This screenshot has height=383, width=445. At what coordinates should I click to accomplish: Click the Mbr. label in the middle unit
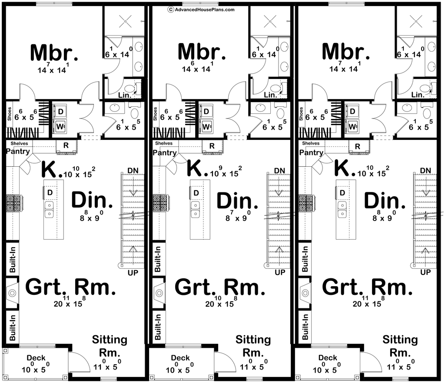(x=202, y=53)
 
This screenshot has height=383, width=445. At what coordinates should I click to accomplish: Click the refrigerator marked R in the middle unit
(x=212, y=146)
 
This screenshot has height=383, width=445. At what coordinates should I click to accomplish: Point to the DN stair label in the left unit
(x=133, y=170)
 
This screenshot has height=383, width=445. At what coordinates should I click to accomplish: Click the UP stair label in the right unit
(x=426, y=272)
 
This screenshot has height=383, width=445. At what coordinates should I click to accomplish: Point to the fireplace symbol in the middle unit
(x=158, y=293)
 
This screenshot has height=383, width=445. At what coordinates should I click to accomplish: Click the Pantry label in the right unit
(x=311, y=152)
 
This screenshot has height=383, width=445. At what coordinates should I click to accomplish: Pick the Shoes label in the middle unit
(x=155, y=114)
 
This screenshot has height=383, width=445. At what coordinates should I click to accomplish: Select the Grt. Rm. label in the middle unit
(x=219, y=287)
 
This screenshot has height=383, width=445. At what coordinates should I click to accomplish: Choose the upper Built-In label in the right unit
(x=304, y=259)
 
